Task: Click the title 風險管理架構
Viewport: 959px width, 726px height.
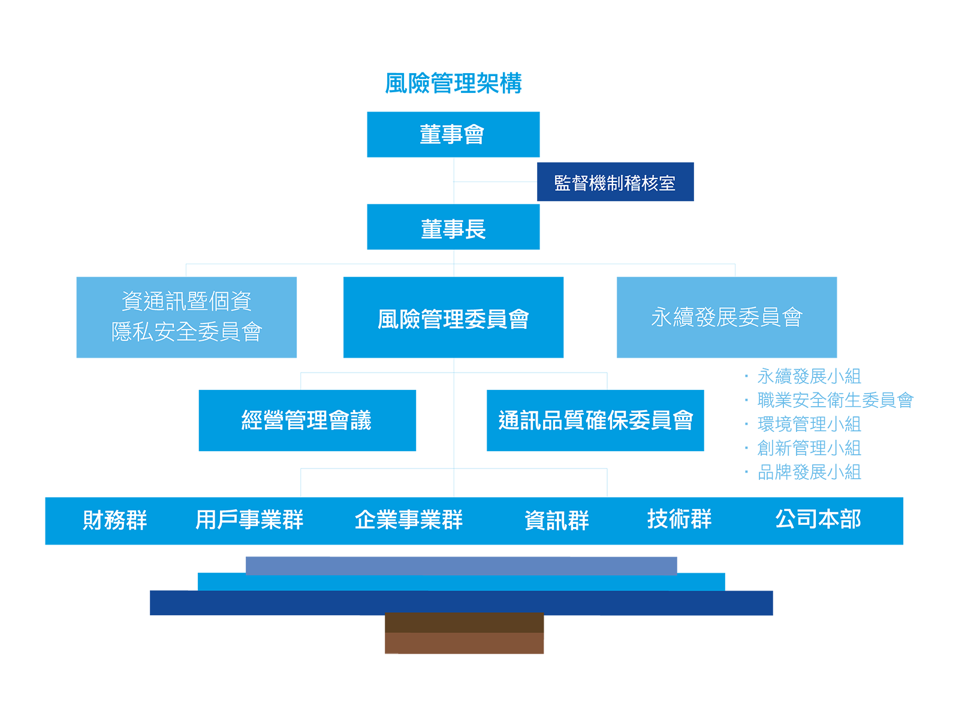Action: click(453, 83)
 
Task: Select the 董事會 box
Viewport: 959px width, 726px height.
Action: click(453, 134)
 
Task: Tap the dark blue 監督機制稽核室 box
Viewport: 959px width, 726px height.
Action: click(615, 182)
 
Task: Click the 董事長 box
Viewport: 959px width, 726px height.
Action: click(453, 227)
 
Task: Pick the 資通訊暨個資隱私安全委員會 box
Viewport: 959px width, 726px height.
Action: click(186, 317)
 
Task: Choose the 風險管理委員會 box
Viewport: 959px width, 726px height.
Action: click(453, 317)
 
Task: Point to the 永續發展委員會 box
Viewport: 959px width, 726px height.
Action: click(726, 317)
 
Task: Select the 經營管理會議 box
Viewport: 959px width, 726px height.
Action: click(307, 421)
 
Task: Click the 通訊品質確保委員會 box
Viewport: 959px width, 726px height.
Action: click(595, 421)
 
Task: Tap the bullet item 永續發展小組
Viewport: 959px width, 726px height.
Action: click(809, 376)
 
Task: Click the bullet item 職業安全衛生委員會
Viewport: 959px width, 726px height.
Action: click(835, 400)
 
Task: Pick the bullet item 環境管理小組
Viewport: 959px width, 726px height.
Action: click(809, 424)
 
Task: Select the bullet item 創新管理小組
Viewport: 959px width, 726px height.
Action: click(809, 448)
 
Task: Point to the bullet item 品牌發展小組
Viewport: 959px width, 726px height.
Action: click(809, 472)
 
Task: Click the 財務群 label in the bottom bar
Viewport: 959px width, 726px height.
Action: click(115, 520)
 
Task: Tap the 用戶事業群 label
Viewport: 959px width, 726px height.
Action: click(249, 520)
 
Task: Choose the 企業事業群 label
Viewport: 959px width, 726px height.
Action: click(409, 520)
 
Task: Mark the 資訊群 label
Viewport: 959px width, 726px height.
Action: click(557, 520)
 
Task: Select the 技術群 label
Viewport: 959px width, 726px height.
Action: click(679, 519)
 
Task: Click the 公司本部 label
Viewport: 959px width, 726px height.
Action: click(818, 519)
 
